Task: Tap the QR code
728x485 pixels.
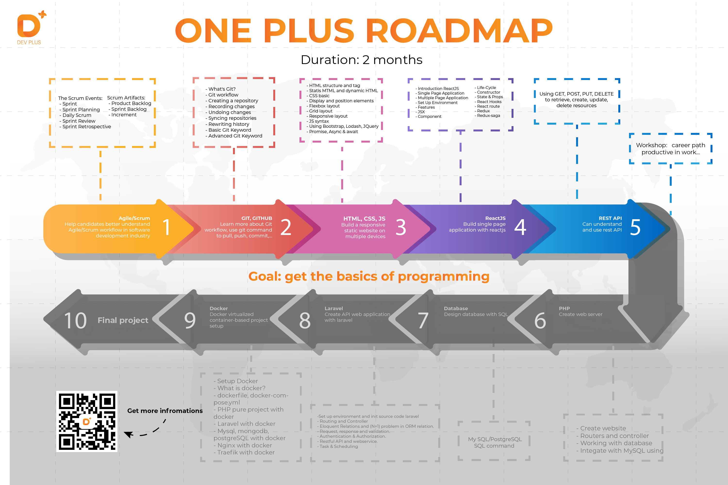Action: pyautogui.click(x=87, y=421)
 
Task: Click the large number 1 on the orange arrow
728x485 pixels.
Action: pyautogui.click(x=166, y=227)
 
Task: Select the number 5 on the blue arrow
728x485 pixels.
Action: pyautogui.click(x=635, y=227)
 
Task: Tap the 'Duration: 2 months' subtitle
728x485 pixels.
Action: pyautogui.click(x=361, y=60)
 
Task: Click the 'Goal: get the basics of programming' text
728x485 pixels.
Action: pyautogui.click(x=369, y=276)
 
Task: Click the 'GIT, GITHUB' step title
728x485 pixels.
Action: pyautogui.click(x=256, y=218)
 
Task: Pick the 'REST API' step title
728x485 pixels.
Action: pyautogui.click(x=610, y=218)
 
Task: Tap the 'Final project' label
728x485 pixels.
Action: pyautogui.click(x=123, y=320)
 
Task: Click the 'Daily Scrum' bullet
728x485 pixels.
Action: pyautogui.click(x=76, y=115)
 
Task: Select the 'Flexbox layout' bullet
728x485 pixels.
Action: pyautogui.click(x=324, y=106)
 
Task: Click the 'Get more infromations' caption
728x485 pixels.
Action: pyautogui.click(x=165, y=411)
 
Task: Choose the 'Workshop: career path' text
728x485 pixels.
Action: pyautogui.click(x=670, y=145)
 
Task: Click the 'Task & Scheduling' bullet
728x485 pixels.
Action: pyautogui.click(x=338, y=446)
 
